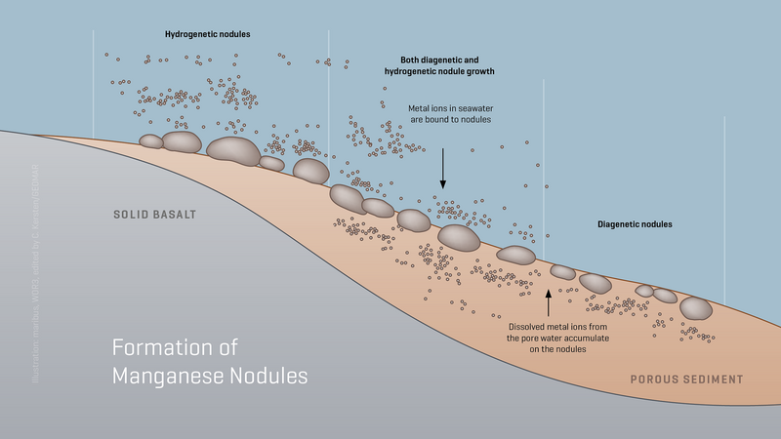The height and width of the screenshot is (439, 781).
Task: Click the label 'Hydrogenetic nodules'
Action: pos(208,34)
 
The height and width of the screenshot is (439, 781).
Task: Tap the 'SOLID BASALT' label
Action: pos(156,214)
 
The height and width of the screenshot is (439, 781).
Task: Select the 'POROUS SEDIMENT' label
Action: pos(686,379)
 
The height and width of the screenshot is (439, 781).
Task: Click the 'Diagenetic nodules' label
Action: pos(635,224)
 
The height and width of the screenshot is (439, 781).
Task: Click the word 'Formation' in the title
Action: pos(153,347)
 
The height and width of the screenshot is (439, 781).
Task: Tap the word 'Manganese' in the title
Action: pos(167,375)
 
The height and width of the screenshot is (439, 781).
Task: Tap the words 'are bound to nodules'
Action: pos(450,119)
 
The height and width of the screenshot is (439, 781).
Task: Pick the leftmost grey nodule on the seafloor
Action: pos(151,141)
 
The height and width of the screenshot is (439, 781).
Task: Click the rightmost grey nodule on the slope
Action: pos(695,307)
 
